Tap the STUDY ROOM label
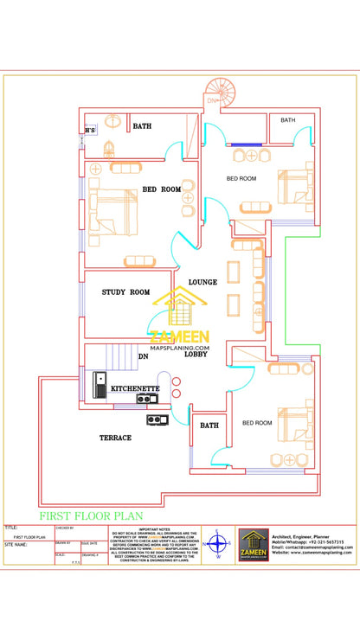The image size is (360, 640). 125,292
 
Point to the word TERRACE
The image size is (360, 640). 115,438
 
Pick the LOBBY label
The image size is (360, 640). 196,354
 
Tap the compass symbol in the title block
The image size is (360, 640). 217,546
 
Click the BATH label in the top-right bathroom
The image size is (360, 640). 287,119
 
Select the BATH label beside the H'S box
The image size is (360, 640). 142,126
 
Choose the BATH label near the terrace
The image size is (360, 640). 209,426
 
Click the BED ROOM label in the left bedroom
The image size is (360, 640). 162,189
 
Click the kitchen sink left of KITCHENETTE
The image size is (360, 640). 101,383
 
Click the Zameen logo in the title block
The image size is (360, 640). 253,546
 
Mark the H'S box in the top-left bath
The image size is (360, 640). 90,131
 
